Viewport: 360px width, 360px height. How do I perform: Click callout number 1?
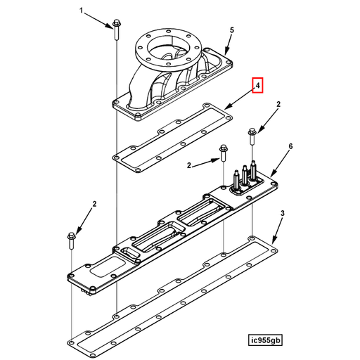tap(81, 12)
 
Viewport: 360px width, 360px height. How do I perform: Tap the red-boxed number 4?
tap(259, 86)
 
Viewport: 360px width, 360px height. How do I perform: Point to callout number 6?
tap(290, 147)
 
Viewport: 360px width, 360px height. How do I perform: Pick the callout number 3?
tap(283, 212)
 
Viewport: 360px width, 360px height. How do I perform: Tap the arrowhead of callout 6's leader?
tap(271, 176)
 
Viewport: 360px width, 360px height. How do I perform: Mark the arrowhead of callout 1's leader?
tap(109, 25)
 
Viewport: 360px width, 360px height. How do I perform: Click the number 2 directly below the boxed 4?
tap(278, 105)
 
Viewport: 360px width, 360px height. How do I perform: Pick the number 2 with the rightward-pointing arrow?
tap(188, 165)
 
